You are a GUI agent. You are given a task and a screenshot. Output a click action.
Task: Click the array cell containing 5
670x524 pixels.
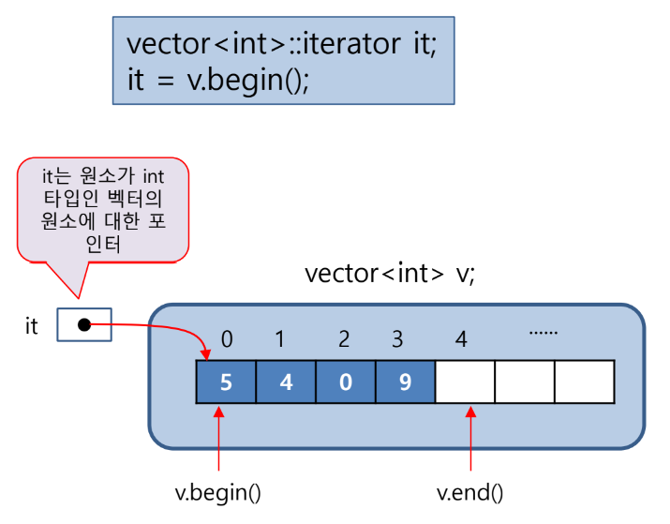[226, 382]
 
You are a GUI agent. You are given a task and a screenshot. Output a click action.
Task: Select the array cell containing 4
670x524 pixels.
[286, 382]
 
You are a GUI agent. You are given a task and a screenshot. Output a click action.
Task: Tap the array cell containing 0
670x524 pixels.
[346, 382]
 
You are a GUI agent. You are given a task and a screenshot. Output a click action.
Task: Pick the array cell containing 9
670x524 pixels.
[405, 382]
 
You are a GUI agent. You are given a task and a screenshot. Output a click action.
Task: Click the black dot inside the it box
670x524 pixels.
[84, 325]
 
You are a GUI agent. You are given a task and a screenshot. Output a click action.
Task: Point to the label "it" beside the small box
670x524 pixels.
[32, 326]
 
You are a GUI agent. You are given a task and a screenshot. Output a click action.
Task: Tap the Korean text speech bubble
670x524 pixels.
[103, 210]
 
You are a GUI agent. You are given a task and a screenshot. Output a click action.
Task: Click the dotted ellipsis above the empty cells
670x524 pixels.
[543, 331]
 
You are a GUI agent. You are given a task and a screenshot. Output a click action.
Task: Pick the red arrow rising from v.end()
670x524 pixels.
[470, 441]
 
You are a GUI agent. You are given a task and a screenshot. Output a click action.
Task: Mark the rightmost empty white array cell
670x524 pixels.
[585, 382]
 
